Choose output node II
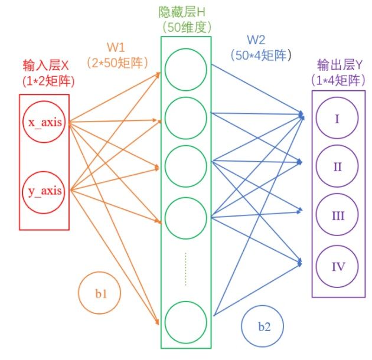pos(337,167)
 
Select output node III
pos(337,216)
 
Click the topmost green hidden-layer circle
pos(185,69)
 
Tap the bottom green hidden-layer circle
pos(185,322)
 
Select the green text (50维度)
pos(186,27)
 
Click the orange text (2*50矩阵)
pos(117,61)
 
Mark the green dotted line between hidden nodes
pos(185,269)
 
